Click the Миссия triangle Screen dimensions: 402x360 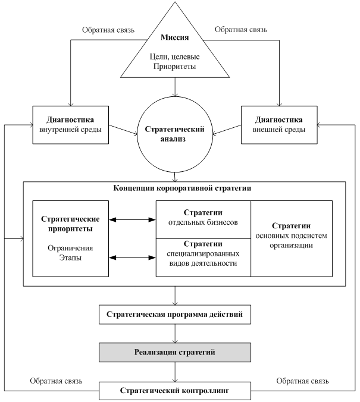click(174, 54)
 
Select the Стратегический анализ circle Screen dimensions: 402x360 click(174, 134)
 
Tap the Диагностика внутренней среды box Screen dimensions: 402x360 click(71, 125)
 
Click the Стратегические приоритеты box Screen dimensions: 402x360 click(71, 238)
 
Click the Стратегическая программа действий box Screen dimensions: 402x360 click(174, 314)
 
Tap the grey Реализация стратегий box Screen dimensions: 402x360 click(174, 353)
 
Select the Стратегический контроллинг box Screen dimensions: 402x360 click(174, 391)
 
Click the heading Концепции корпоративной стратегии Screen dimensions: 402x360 click(182, 189)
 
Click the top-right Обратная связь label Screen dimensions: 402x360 click(240, 29)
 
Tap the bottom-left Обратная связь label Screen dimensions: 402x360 click(56, 381)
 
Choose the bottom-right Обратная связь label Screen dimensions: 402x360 click(302, 381)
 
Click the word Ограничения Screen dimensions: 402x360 click(70, 248)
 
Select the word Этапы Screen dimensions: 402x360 click(70, 258)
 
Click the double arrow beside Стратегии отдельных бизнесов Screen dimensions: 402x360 click(133, 220)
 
